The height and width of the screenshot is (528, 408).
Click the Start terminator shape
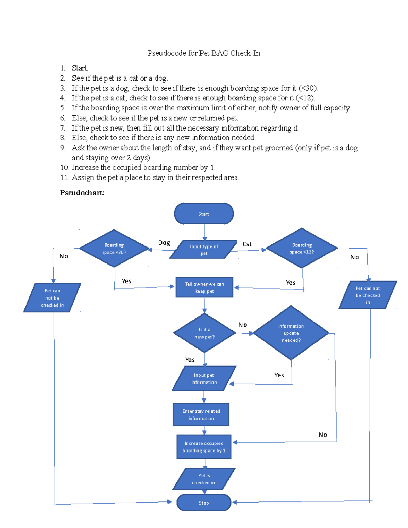204,214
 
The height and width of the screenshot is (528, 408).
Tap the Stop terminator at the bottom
204,503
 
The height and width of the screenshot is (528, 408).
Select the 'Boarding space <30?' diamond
114,248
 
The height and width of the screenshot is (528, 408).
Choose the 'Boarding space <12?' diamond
302,248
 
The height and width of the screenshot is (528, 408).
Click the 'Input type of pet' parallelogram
203,250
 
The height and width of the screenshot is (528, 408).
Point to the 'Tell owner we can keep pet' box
204,287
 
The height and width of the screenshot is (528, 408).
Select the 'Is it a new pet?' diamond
204,333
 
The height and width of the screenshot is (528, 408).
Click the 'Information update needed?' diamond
291,333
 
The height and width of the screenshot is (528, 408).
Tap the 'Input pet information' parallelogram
204,378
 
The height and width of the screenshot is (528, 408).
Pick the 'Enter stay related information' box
201,414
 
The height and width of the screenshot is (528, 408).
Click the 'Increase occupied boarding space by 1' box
204,447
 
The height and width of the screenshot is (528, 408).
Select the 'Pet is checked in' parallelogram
204,479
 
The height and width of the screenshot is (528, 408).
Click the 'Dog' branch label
164,243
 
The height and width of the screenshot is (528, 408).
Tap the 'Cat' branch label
247,244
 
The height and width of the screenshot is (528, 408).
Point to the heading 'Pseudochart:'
82,193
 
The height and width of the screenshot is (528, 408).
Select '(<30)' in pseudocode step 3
308,88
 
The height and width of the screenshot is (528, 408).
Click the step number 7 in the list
63,128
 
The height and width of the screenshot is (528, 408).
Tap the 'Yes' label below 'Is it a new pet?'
190,360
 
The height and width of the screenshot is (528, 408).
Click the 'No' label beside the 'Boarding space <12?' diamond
355,257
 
